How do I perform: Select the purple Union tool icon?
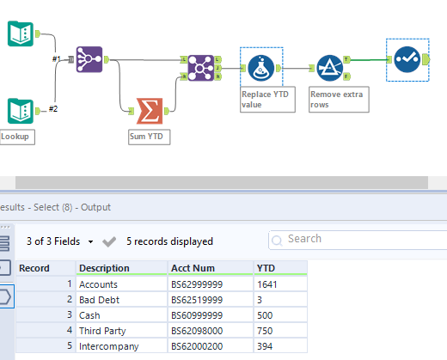coord(89,58)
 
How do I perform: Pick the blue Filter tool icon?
coord(329,67)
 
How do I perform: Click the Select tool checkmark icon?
coord(407,58)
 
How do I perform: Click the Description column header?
coord(103,268)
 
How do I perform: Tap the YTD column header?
coord(266,268)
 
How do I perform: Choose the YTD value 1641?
coord(268,284)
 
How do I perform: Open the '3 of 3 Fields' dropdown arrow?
coord(90,241)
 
